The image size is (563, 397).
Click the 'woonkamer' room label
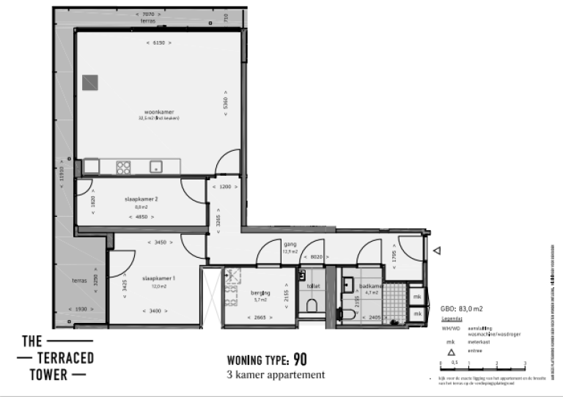pyautogui.click(x=158, y=111)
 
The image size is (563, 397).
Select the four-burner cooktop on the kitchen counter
pyautogui.click(x=123, y=167)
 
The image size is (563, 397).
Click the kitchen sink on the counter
pyautogui.click(x=156, y=167)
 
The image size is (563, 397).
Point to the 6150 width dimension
pyautogui.click(x=158, y=43)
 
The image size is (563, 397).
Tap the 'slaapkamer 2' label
pyautogui.click(x=141, y=198)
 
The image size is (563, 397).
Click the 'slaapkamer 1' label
pyautogui.click(x=158, y=278)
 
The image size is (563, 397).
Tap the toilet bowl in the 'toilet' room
pyautogui.click(x=312, y=305)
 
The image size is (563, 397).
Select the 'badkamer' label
pyautogui.click(x=372, y=286)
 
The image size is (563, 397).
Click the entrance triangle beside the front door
pyautogui.click(x=436, y=251)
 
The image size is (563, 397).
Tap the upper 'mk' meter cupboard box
pyautogui.click(x=416, y=297)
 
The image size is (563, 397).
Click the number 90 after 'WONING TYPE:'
pyautogui.click(x=299, y=360)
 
